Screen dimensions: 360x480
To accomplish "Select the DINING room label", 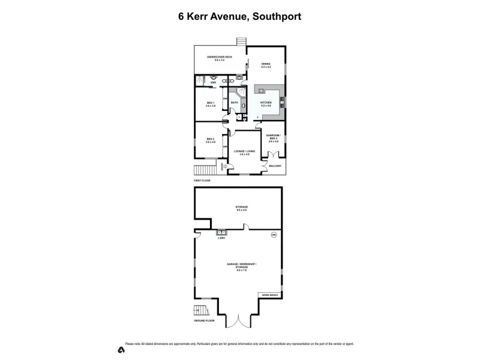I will [x=266, y=64].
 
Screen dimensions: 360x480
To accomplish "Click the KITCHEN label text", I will [x=266, y=103].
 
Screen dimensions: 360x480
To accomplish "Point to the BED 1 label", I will [x=210, y=103].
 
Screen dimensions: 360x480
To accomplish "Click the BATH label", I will [x=234, y=103].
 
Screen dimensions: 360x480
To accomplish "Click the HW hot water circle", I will [x=274, y=234].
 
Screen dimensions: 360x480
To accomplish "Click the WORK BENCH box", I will [x=269, y=295].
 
